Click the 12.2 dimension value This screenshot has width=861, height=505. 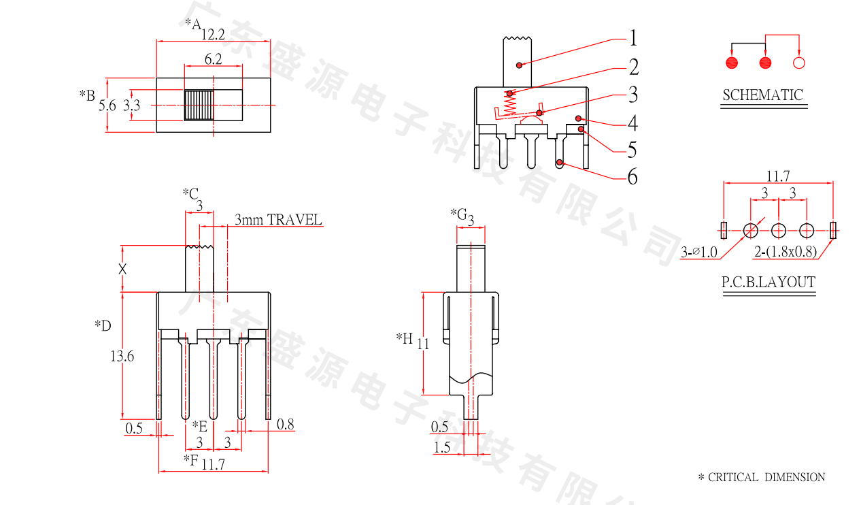pos(213,34)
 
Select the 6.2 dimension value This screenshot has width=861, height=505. pos(213,59)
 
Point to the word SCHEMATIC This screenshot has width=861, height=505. pos(762,95)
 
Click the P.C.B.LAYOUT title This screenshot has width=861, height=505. pos(769,282)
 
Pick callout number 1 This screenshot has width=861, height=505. pos(633,37)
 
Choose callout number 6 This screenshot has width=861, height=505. pos(632,177)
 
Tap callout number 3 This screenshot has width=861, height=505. pos(633,93)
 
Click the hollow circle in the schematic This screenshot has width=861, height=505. pos(799,63)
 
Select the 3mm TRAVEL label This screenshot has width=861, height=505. pos(278,219)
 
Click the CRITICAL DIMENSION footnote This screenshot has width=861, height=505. pos(762,478)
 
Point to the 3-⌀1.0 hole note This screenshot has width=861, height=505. pos(699,253)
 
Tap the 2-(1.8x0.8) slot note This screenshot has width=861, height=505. pos(785,253)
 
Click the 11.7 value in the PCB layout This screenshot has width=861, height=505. pos(778,176)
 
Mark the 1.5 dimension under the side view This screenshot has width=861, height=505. pos(442,447)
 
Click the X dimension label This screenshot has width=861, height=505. pos(122,269)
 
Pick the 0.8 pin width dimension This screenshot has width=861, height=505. pos(286,425)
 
